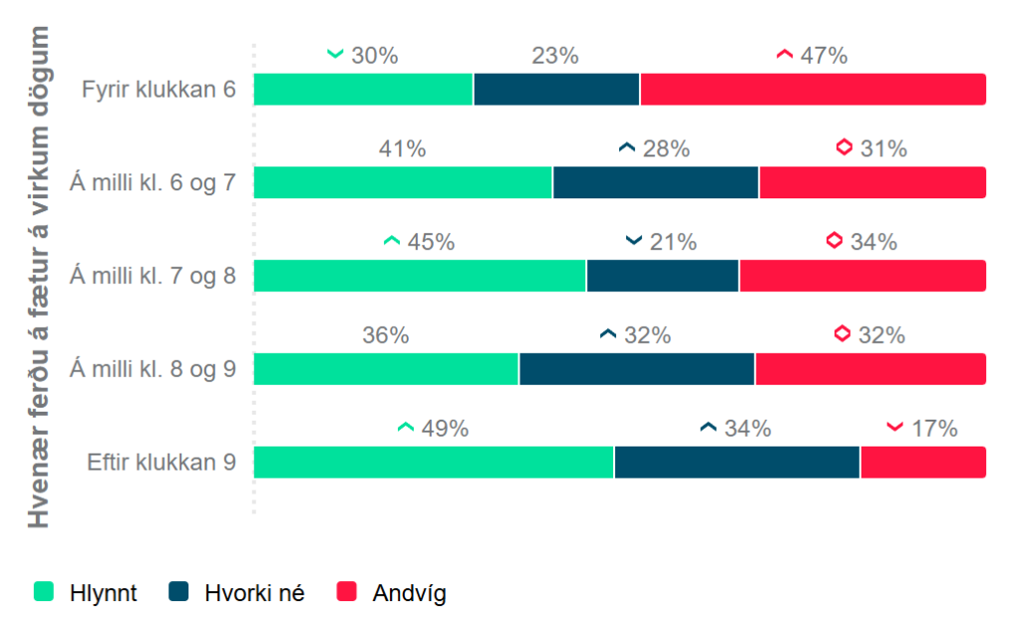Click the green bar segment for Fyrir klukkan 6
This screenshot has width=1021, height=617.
point(363,89)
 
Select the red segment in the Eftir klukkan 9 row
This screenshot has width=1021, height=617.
point(922,463)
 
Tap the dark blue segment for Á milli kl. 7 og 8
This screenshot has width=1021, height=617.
point(662,276)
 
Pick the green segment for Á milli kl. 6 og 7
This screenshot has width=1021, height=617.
point(403,182)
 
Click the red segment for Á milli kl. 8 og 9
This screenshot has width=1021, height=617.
point(869,369)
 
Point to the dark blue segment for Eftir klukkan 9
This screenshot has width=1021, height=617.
point(737,463)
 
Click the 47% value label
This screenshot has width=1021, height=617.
point(824,56)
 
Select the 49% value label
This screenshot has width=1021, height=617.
point(445,429)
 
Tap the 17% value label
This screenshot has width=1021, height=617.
point(934,429)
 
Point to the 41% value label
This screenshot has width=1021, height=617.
point(402,150)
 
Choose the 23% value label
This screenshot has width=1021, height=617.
point(555,56)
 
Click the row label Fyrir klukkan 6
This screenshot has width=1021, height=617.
point(160,90)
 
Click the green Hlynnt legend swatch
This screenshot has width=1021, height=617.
point(44,592)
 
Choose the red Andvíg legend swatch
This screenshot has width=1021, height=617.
point(346,592)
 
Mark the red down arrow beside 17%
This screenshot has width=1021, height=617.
point(894,428)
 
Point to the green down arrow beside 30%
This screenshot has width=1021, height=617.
point(335,54)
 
